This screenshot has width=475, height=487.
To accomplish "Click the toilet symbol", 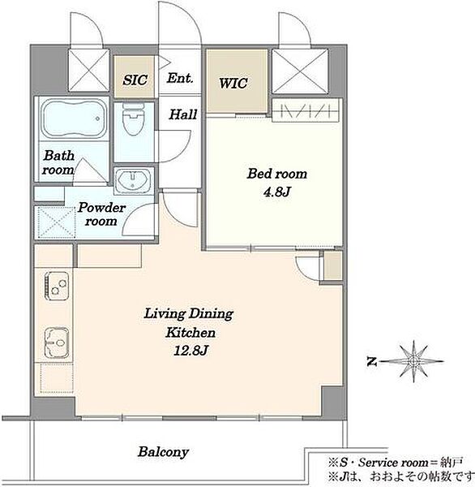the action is click(134, 119).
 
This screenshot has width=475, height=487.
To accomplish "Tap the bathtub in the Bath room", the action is click(74, 119).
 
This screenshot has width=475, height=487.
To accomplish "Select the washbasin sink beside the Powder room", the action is click(134, 180).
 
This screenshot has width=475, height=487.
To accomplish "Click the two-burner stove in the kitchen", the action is click(57, 286).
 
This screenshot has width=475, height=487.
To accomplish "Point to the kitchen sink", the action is click(57, 342).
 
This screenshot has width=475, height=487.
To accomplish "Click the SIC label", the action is click(135, 80).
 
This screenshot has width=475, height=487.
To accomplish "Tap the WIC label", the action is click(233, 83).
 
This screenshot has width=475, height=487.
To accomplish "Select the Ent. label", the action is click(180, 78).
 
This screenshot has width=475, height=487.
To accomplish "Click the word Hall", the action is click(183, 114).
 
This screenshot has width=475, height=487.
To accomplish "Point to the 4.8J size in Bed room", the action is click(276, 192).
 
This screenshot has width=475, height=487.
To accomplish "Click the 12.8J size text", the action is click(190, 351).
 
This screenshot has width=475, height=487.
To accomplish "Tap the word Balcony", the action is click(163, 452).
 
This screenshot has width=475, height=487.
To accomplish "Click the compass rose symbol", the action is click(413, 361).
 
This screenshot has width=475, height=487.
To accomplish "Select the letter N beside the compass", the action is click(372, 361).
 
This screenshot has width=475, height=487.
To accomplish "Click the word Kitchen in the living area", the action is click(190, 332).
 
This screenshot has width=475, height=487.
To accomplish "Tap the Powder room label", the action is click(101, 214).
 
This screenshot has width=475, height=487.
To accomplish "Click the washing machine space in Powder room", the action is click(55, 222).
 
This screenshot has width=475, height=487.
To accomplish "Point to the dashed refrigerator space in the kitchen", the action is click(57, 378).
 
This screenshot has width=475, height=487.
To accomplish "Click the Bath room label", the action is click(58, 162).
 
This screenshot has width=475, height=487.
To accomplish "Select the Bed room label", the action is click(276, 174).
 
